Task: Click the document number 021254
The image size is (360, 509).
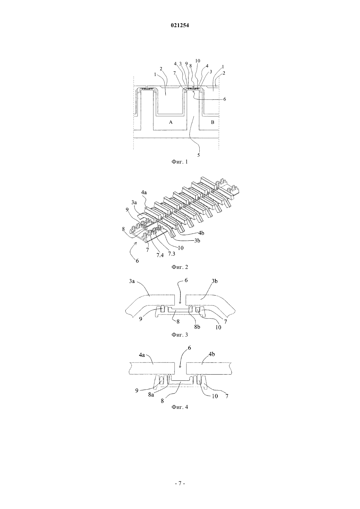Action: [180, 26]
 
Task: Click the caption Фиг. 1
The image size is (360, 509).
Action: [180, 162]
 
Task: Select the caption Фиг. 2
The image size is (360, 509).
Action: [180, 267]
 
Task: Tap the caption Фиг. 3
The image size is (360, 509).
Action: [180, 335]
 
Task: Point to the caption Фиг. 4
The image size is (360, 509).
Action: [180, 407]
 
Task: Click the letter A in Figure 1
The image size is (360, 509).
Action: [171, 122]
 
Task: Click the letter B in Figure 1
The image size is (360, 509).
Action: [213, 122]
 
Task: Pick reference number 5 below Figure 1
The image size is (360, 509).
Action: [198, 155]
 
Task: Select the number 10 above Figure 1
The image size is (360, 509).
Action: [197, 61]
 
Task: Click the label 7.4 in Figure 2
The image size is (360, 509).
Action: [160, 255]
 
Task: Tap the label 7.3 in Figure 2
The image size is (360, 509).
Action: [171, 254]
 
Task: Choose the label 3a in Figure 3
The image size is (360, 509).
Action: [132, 281]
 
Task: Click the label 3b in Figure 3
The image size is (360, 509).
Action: [215, 281]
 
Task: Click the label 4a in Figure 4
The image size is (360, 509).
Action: [142, 355]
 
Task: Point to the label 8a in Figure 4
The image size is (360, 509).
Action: [151, 395]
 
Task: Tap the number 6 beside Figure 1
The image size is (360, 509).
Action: [225, 99]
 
